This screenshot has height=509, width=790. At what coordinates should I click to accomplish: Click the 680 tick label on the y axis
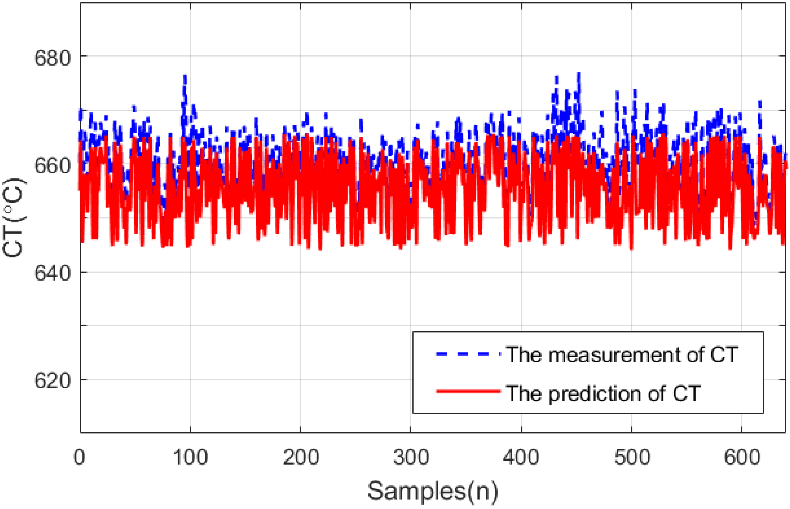[x=52, y=58]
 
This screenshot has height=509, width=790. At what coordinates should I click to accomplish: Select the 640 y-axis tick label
[x=52, y=273]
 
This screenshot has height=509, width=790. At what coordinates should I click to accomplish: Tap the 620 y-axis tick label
[x=52, y=381]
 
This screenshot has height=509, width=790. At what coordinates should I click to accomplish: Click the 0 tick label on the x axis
[x=79, y=457]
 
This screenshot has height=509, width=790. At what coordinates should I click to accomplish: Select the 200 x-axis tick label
[x=301, y=457]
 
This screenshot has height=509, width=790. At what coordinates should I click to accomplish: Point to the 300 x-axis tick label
[x=411, y=457]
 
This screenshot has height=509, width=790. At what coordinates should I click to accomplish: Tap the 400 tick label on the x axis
[x=521, y=457]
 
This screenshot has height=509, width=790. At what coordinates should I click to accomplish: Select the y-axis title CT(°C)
[x=14, y=218]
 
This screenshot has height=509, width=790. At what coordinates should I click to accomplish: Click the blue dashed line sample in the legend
[x=468, y=354]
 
